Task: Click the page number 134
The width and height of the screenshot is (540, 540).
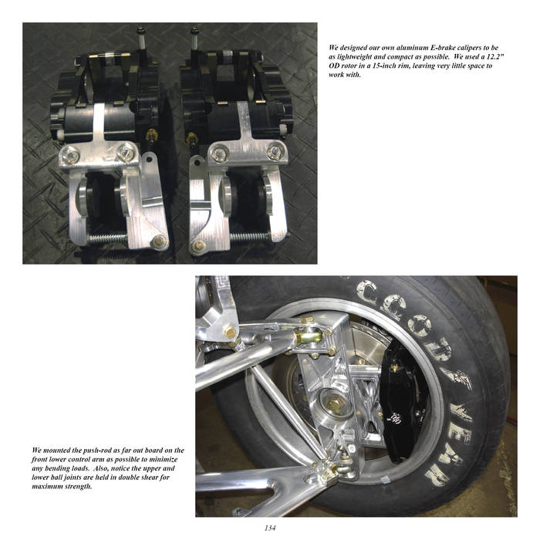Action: (x=270, y=528)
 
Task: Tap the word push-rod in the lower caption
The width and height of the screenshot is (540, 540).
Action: (x=98, y=450)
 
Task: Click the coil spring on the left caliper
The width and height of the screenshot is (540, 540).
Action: (x=108, y=238)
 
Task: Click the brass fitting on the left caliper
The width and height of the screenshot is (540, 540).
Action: (x=151, y=134)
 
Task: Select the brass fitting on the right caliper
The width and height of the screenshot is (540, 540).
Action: (x=191, y=138)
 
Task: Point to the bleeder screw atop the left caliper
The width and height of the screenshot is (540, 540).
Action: (x=141, y=37)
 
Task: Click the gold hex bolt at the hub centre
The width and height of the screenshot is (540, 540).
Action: (x=333, y=405)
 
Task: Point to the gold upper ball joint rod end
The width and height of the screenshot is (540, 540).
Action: (x=309, y=335)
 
